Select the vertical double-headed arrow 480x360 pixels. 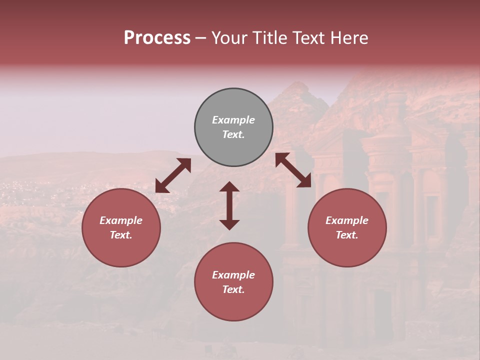pos(229,205)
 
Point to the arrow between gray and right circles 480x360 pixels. pos(293,170)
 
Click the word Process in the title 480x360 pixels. pos(157,38)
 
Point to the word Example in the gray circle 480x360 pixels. pos(233,120)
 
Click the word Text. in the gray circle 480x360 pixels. pos(233,134)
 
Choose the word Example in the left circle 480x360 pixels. pos(121,220)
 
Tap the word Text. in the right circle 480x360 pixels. pos(347,235)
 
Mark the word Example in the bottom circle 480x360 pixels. pos(233,275)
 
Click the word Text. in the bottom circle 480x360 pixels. pos(233,289)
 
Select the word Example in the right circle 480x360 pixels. pos(347,220)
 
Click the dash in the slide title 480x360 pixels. pos(200,38)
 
